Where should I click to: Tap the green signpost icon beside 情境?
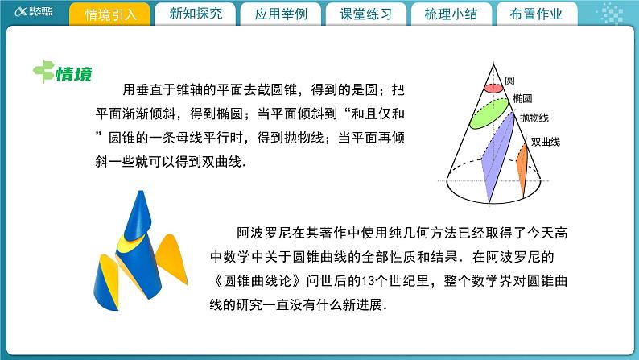(43, 73)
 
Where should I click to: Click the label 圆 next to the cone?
(509, 82)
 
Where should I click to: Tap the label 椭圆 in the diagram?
(522, 98)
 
